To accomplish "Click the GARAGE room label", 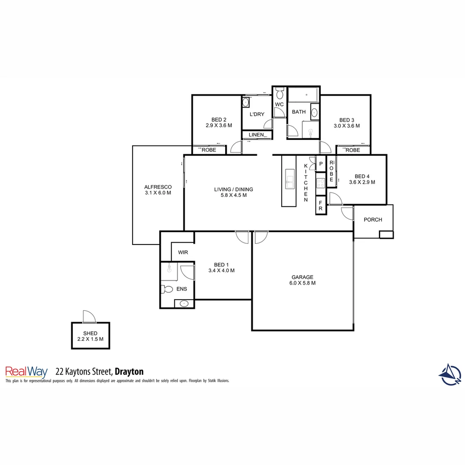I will [x=302, y=277].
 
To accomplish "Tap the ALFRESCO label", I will [x=158, y=187].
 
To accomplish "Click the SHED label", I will [x=90, y=333].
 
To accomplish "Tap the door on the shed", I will [x=89, y=316].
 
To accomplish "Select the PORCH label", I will [x=372, y=220].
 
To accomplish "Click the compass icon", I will [x=450, y=375].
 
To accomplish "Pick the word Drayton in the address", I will [x=129, y=371].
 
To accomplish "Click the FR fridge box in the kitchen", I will [x=320, y=206].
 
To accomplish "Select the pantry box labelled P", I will [x=321, y=164].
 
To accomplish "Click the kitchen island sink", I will [x=290, y=180].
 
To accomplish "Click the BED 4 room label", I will [x=362, y=176].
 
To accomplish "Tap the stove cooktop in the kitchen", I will [x=320, y=183].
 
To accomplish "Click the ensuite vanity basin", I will [x=184, y=304].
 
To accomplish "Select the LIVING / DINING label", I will [x=233, y=189].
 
